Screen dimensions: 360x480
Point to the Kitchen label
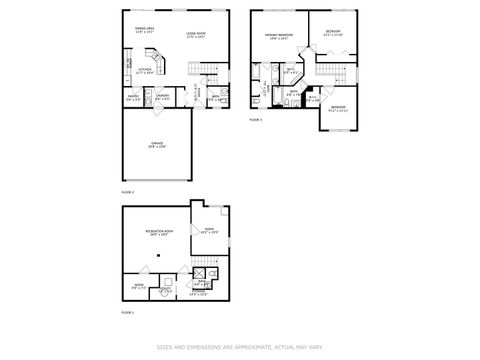pyautogui.click(x=144, y=70)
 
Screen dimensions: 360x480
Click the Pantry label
pyautogui.click(x=133, y=98)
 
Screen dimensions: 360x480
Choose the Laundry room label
pyautogui.click(x=162, y=98)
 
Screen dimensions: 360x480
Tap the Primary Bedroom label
pyautogui.click(x=278, y=35)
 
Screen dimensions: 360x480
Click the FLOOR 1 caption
pyautogui.click(x=128, y=312)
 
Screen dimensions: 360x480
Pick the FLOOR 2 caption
pyautogui.click(x=128, y=190)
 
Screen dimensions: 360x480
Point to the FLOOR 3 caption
pyautogui.click(x=256, y=119)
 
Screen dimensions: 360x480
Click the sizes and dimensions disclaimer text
pyautogui.click(x=240, y=347)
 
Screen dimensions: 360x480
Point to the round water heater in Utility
pyautogui.click(x=164, y=291)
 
